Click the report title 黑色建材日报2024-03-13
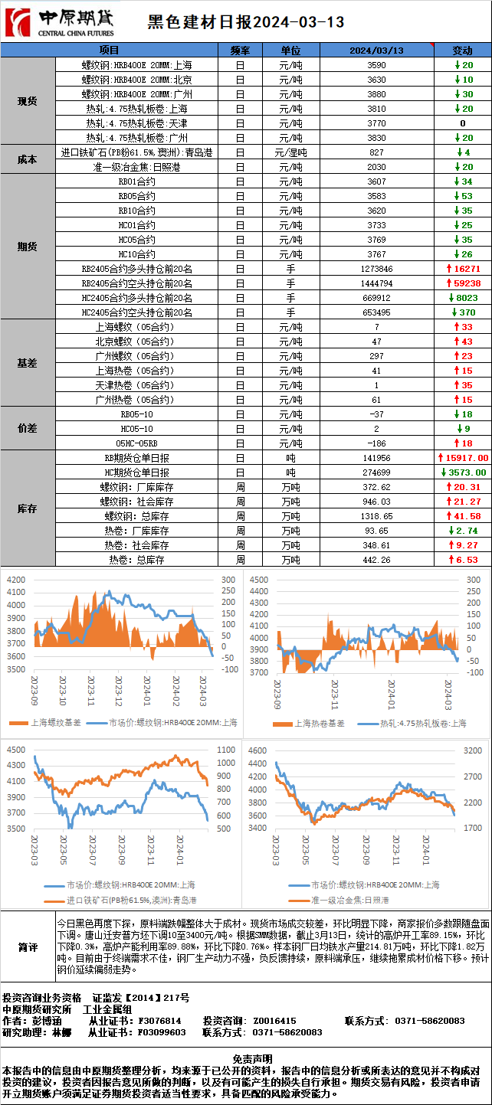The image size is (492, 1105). [x=245, y=23]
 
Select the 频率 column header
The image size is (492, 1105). [x=240, y=51]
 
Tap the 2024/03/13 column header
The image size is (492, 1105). [x=376, y=51]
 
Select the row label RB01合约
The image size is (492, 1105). [x=136, y=181]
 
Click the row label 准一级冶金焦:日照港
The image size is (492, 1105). [x=136, y=167]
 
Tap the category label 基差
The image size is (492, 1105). [x=28, y=363]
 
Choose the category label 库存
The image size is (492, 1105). [x=28, y=508]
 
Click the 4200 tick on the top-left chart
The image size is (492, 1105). [x=17, y=580]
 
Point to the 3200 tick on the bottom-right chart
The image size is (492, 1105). [x=472, y=751]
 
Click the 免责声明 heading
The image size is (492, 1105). [x=246, y=1058]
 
